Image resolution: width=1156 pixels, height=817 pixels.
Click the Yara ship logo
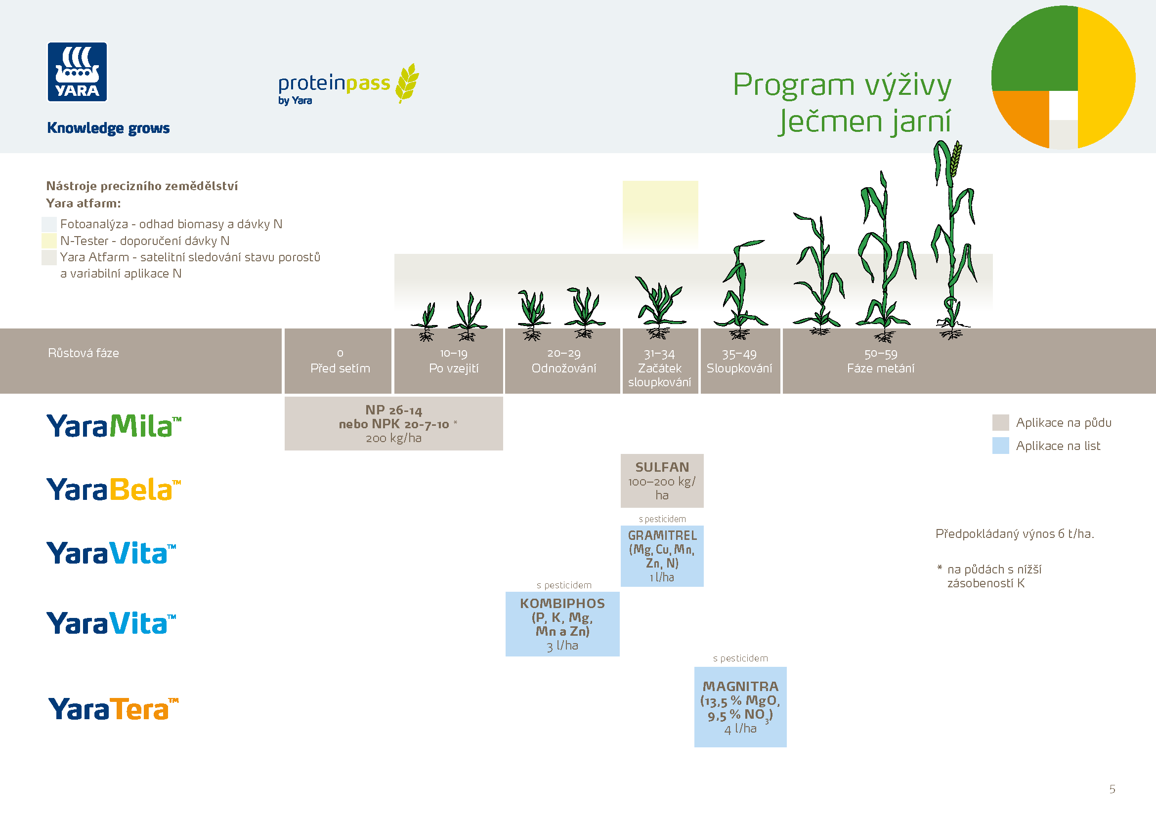(x=77, y=72)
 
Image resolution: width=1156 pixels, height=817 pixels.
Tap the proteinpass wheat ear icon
(x=407, y=82)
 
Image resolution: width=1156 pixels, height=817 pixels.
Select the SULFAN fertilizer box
(x=662, y=481)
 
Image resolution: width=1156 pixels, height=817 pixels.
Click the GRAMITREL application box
(x=662, y=556)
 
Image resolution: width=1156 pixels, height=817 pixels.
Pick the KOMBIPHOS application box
(x=562, y=624)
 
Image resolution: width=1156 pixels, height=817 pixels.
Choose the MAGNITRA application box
(x=740, y=707)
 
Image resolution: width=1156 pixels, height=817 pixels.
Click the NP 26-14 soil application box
(x=393, y=424)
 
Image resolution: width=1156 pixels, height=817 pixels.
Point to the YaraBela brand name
(x=113, y=490)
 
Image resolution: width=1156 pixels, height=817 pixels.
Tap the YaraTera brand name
(x=113, y=709)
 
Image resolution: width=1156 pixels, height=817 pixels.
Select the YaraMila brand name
(x=113, y=426)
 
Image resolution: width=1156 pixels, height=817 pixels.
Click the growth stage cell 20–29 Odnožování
(x=563, y=361)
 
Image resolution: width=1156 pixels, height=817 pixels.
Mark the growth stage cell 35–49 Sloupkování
(x=740, y=361)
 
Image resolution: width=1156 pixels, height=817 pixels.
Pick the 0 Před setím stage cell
(x=340, y=361)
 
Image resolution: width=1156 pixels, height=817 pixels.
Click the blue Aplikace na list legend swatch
(x=1000, y=446)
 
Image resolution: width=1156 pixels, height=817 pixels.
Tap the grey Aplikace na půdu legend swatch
(x=1000, y=423)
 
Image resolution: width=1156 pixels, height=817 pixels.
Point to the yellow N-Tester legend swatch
(x=49, y=241)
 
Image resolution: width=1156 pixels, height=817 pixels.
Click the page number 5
(x=1112, y=789)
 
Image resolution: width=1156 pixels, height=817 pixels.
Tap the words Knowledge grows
(x=108, y=128)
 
